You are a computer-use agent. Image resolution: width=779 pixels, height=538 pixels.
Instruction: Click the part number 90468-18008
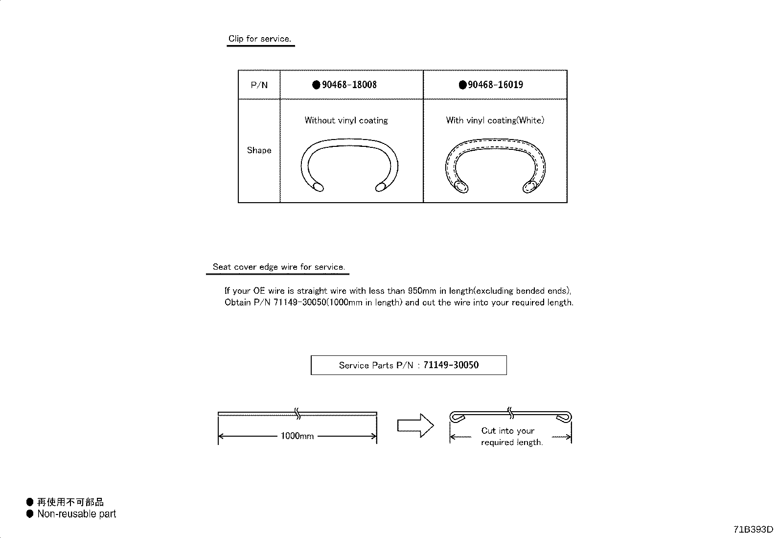point(349,85)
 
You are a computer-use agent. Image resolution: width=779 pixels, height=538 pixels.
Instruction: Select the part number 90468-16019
point(495,85)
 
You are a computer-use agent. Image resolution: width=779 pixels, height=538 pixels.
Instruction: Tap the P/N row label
point(259,85)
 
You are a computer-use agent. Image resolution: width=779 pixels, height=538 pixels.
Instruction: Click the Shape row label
point(259,150)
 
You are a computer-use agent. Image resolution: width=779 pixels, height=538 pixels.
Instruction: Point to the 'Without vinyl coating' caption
point(346,120)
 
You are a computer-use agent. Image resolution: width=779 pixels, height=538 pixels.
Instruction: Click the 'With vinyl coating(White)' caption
point(495,120)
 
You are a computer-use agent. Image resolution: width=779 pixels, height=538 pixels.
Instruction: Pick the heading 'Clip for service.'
point(260,39)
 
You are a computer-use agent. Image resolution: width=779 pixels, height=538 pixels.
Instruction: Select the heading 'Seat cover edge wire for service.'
point(279,267)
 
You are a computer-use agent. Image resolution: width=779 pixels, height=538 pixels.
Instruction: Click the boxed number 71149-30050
point(451,365)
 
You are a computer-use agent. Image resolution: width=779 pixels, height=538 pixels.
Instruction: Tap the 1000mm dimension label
point(298,436)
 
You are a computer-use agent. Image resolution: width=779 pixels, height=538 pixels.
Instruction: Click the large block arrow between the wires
point(415,425)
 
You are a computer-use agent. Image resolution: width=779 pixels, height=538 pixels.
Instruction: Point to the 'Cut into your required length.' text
point(511,436)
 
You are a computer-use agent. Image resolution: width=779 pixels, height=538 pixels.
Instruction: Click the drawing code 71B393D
point(753,529)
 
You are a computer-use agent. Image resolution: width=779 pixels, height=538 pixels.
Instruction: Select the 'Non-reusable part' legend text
point(76,514)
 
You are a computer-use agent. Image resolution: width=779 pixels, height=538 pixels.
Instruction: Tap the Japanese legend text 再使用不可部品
point(70,502)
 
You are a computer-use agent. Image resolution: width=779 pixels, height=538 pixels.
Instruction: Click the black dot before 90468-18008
point(316,85)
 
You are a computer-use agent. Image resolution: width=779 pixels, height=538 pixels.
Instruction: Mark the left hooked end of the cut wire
point(457,417)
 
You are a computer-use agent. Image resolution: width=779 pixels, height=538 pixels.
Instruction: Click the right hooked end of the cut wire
point(564,417)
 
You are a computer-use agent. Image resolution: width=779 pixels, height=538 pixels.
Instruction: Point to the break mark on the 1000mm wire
point(298,414)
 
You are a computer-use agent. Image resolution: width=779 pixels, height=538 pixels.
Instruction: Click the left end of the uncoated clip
point(318,187)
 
